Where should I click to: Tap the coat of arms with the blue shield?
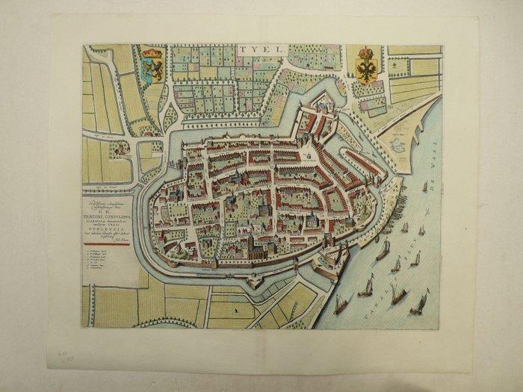152,69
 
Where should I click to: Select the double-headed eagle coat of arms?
365,72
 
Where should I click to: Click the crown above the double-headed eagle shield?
365,53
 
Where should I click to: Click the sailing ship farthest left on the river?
341,302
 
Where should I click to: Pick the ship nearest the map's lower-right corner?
419,302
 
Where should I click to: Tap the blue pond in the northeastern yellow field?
396,146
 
